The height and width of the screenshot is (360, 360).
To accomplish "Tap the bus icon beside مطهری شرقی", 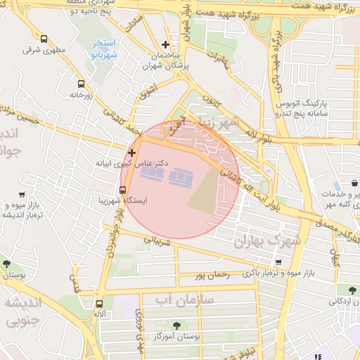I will pyautogui.click(x=44, y=39).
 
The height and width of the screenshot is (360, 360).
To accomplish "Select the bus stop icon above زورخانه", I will pyautogui.click(x=81, y=83).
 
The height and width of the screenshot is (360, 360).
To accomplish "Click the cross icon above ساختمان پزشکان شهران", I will pyautogui.click(x=165, y=44).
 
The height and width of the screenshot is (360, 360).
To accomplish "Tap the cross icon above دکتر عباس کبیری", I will pyautogui.click(x=131, y=152).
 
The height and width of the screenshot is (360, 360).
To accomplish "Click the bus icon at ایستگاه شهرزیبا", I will pyautogui.click(x=123, y=190).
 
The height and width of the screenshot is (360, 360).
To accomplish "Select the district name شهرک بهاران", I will pyautogui.click(x=268, y=240).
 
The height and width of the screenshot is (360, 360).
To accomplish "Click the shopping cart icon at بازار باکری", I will pyautogui.click(x=278, y=263).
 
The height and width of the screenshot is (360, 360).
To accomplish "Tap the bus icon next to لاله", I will pyautogui.click(x=99, y=304).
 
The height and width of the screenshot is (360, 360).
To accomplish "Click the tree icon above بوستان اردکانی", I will pyautogui.click(x=342, y=289).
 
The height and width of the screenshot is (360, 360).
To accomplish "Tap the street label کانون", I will pyautogui.click(x=212, y=98).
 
